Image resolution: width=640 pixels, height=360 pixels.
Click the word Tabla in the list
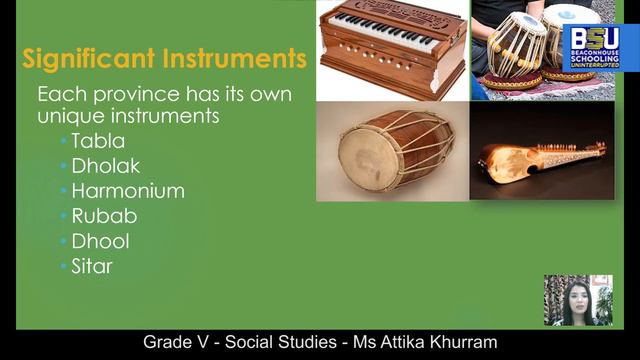pos(98,141)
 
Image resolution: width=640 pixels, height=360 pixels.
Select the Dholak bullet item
pos(105,166)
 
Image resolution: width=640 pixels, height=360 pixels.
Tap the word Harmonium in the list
pos(128,191)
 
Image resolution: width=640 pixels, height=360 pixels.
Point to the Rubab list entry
pos(104,216)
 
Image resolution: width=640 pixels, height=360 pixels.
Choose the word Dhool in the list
pos(100,241)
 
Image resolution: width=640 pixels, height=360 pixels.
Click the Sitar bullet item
pos(92,266)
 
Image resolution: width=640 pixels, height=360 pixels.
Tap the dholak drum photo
pos(392,151)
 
